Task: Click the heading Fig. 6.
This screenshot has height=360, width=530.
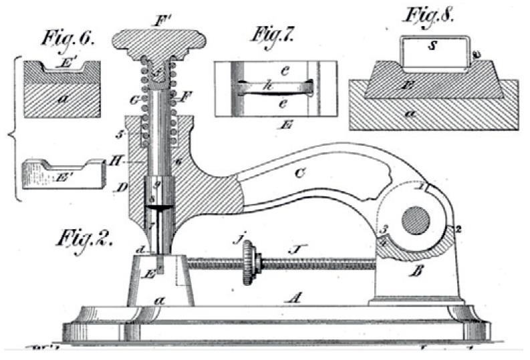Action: [64, 39]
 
